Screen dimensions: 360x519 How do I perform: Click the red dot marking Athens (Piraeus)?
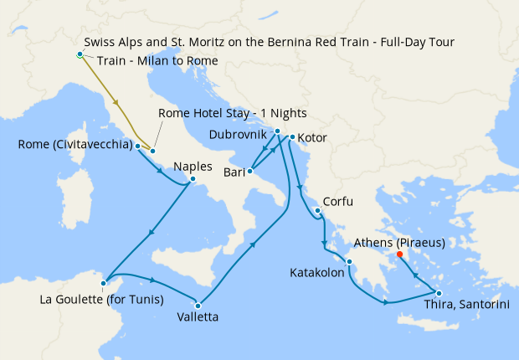(x=399, y=255)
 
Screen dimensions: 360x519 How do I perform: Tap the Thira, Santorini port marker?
(x=439, y=291)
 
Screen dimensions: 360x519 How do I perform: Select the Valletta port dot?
(x=198, y=304)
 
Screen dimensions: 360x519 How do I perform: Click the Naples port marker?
(x=193, y=178)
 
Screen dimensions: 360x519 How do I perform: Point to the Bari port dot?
(x=249, y=172)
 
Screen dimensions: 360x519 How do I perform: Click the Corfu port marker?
(x=318, y=210)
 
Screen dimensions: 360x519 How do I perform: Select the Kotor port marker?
(x=291, y=136)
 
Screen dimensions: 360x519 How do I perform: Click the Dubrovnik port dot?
(x=277, y=131)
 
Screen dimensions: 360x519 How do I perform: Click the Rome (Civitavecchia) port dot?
(x=137, y=146)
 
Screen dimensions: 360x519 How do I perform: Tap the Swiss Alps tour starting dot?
(x=80, y=54)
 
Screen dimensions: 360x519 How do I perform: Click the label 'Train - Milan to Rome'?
(x=157, y=61)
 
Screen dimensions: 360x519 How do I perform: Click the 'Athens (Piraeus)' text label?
(x=398, y=243)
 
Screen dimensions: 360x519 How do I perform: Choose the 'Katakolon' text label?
(x=316, y=273)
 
